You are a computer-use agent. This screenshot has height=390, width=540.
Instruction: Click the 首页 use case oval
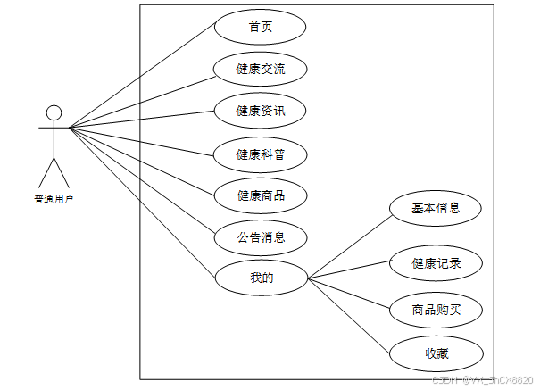click(x=260, y=27)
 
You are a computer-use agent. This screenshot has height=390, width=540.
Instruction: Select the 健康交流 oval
click(x=260, y=69)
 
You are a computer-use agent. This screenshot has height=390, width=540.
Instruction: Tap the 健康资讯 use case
click(x=260, y=111)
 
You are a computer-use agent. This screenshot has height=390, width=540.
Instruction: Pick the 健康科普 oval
click(x=260, y=154)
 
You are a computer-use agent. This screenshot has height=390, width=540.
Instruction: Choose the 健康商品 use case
click(x=260, y=195)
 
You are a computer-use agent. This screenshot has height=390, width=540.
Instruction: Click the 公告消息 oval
click(x=260, y=237)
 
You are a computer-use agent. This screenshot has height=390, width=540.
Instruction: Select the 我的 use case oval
click(x=260, y=278)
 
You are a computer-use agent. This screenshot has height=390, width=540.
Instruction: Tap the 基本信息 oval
click(x=436, y=208)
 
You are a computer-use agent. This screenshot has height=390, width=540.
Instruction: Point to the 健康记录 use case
click(x=436, y=263)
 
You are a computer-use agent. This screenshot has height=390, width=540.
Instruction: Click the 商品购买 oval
click(x=436, y=310)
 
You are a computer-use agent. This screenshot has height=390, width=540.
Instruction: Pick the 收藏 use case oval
click(x=436, y=353)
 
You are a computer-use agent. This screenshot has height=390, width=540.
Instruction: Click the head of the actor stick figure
click(x=54, y=112)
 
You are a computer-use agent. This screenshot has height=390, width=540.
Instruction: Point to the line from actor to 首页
click(x=143, y=77)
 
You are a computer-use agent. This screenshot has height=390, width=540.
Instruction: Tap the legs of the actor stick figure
click(x=54, y=171)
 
